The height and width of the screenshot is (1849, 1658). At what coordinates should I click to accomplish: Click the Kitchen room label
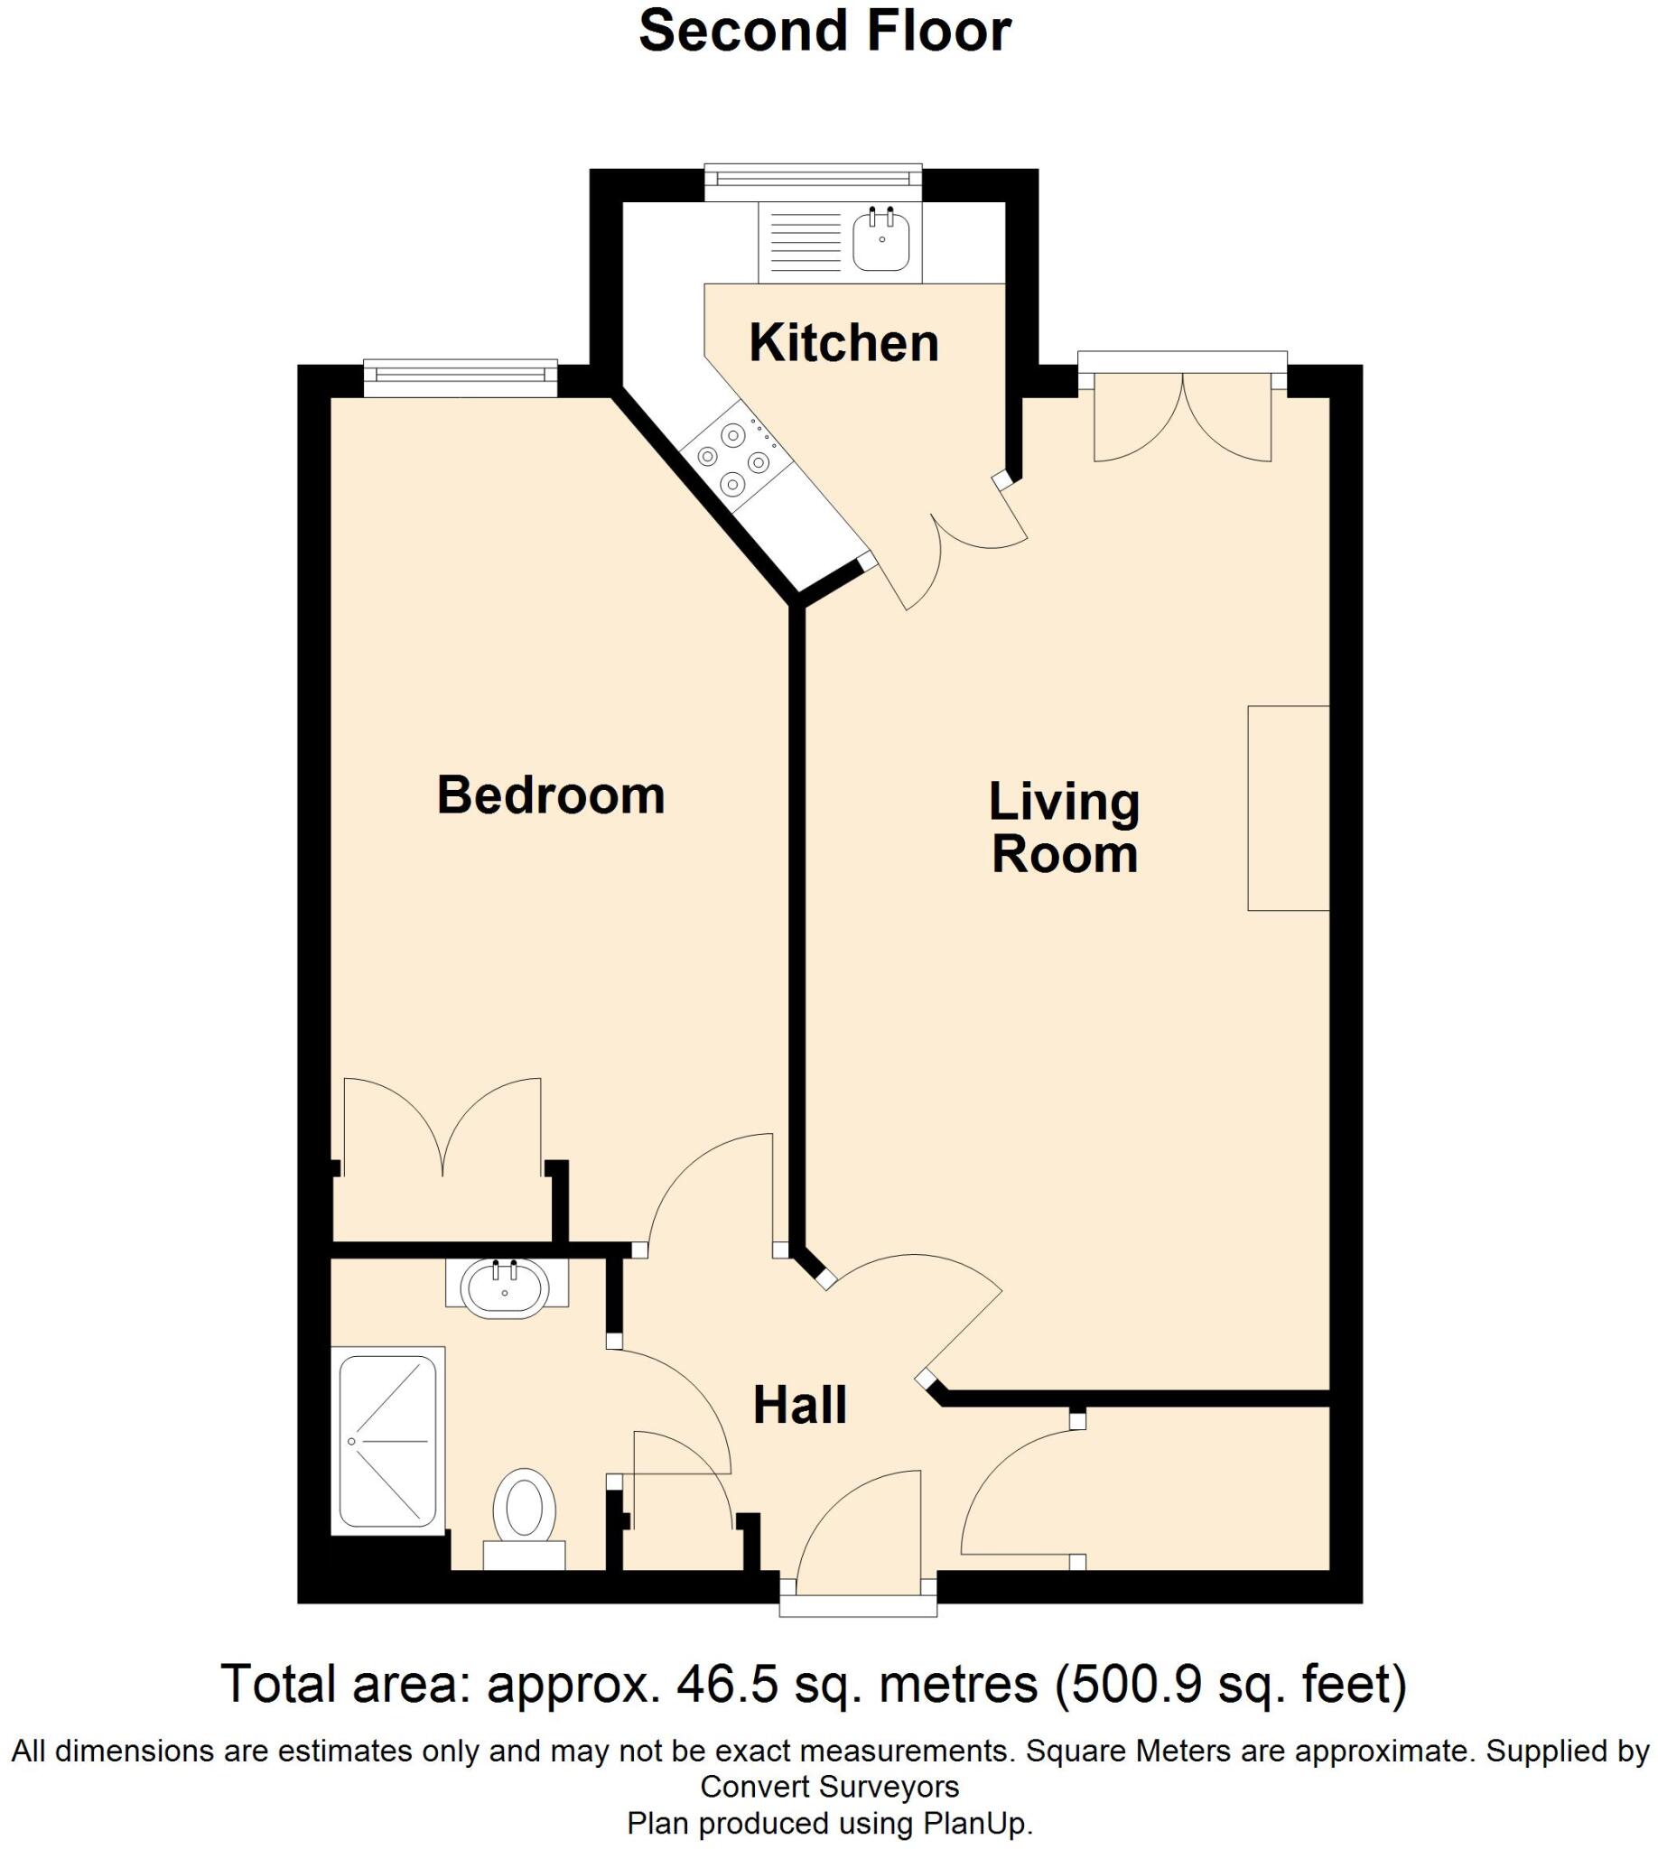[843, 343]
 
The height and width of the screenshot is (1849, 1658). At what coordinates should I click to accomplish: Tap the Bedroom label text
[550, 795]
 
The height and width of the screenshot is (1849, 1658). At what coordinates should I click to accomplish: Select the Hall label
[800, 1406]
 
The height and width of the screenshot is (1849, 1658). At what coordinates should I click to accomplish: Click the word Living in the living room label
[1064, 802]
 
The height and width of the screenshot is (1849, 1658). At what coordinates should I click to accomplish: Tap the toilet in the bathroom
[525, 1517]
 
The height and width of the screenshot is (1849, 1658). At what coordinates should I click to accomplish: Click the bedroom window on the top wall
[460, 377]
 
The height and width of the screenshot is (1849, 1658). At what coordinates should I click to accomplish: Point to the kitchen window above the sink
[814, 181]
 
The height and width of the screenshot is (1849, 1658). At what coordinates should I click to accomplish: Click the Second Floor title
[824, 32]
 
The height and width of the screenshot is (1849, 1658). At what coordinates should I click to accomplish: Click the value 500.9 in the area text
[1123, 1685]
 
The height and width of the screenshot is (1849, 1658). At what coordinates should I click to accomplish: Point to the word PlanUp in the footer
[988, 1824]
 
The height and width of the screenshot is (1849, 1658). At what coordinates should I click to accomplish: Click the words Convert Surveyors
[829, 1787]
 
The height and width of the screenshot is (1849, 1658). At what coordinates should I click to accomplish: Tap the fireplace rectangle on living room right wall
[1288, 808]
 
